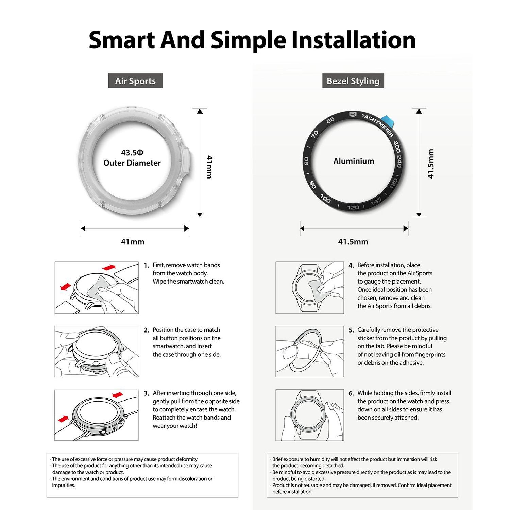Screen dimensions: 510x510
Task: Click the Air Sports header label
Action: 135,81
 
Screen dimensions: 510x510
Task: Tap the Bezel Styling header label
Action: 353,81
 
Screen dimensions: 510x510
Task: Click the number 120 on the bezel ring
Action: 353,207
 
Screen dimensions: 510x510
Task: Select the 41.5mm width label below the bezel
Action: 353,242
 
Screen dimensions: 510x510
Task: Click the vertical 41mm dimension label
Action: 209,167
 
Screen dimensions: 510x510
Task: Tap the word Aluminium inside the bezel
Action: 354,161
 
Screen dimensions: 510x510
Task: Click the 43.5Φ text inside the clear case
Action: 132,153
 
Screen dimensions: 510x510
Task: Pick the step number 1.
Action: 147,265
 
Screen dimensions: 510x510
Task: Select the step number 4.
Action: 351,265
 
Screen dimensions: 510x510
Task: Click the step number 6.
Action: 351,393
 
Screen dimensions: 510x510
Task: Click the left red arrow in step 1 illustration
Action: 66,287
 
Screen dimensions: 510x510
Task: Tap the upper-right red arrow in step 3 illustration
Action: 118,394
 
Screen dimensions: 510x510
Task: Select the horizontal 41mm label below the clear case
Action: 133,242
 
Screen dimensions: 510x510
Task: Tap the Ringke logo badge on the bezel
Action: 353,115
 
